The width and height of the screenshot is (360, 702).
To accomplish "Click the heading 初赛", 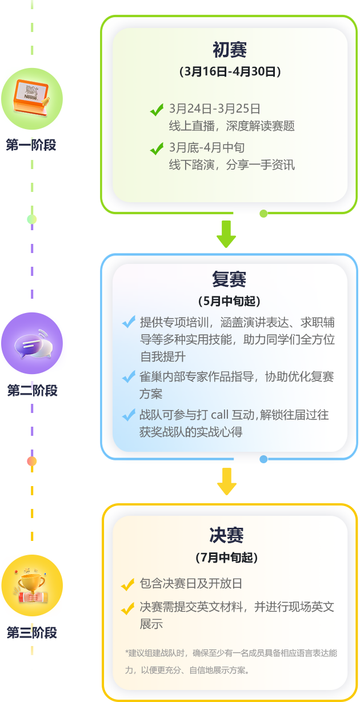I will tap(230, 50).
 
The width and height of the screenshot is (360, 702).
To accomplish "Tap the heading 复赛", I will tap(230, 279).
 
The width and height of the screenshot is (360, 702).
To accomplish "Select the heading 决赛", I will tap(227, 535).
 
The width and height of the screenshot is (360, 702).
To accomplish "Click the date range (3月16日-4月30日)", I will tap(230, 72).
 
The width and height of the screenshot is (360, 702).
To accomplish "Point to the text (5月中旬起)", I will tap(229, 301).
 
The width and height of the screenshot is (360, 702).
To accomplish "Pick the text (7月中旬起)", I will tap(227, 557).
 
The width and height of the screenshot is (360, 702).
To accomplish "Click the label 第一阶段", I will tap(31, 145).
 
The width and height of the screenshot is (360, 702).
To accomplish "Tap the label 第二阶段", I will tap(32, 391).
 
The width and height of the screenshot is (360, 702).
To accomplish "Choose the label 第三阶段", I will tap(32, 632).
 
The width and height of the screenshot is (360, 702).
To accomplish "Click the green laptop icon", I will tap(32, 95).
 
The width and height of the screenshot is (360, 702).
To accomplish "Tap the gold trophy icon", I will tap(32, 585).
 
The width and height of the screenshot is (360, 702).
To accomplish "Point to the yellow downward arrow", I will tap(227, 482).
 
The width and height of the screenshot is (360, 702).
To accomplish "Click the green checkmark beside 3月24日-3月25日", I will tap(157, 110).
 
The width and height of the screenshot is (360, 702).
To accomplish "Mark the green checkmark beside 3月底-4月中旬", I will tap(157, 149).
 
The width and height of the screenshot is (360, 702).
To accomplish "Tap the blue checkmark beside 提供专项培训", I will tap(129, 322).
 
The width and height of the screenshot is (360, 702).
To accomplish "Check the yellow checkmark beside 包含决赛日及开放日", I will tap(127, 585).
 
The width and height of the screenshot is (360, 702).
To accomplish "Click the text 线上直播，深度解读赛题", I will tap(232, 126).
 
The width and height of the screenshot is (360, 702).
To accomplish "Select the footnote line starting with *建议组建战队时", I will tap(231, 653).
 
